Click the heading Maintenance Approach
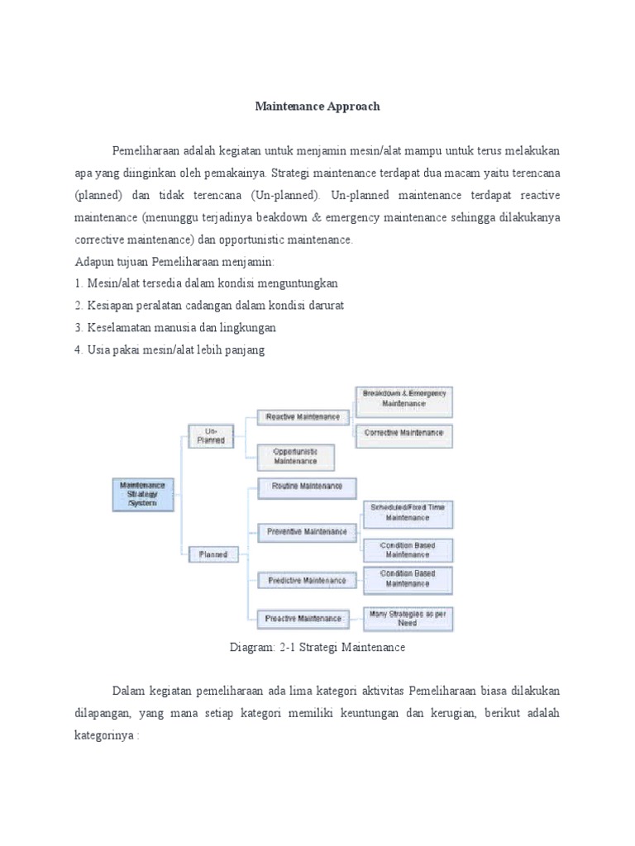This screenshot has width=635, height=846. coord(317,107)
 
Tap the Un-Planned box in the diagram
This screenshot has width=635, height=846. coord(210,435)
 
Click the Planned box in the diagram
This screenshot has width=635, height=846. coord(212,554)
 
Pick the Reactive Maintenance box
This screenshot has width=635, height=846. coord(302,417)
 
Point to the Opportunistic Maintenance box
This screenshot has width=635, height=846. coord(295,456)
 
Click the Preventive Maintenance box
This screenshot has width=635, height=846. coord(307,532)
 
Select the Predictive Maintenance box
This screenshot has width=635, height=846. coord(307,581)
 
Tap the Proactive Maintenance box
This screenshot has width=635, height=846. coord(303,618)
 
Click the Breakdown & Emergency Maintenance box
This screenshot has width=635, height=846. coord(404,398)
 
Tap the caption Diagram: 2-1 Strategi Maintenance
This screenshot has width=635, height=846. coord(317,648)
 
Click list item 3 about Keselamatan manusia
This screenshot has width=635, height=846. coord(175,327)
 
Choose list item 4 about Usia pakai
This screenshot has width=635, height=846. coord(169,349)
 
